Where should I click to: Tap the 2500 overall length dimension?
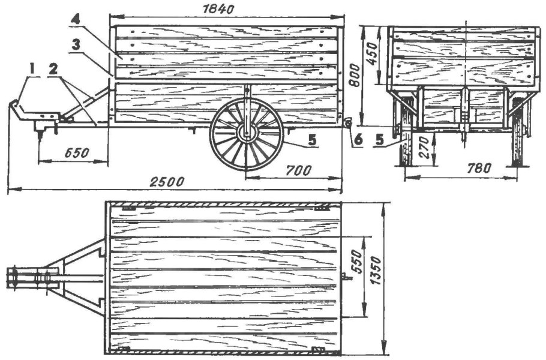166,182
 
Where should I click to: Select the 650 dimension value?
77,153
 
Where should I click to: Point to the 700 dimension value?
298,170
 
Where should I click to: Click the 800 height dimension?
355,75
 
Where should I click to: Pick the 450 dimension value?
372,55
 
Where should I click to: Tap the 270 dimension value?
424,148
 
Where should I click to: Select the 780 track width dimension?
479,168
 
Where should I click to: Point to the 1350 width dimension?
376,271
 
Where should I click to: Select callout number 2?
53,69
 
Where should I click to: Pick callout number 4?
75,19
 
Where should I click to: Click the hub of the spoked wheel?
247,134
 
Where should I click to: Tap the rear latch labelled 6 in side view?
347,123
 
